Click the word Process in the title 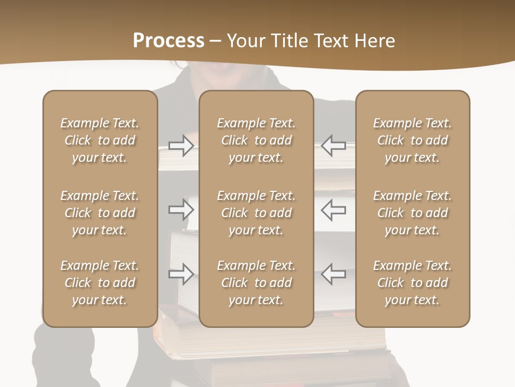pyautogui.click(x=168, y=41)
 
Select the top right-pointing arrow pyautogui.click(x=181, y=145)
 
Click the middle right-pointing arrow pyautogui.click(x=181, y=210)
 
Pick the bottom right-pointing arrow pyautogui.click(x=181, y=274)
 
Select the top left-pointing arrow pyautogui.click(x=334, y=145)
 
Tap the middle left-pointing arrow pyautogui.click(x=334, y=210)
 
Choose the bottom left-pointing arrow pyautogui.click(x=334, y=274)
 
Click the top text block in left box pyautogui.click(x=100, y=140)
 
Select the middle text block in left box pyautogui.click(x=100, y=213)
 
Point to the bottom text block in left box pyautogui.click(x=100, y=283)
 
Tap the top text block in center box pyautogui.click(x=256, y=140)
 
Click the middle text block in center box pyautogui.click(x=256, y=213)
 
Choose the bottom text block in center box pyautogui.click(x=256, y=283)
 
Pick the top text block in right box pyautogui.click(x=413, y=140)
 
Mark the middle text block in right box pyautogui.click(x=413, y=213)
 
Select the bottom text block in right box pyautogui.click(x=413, y=283)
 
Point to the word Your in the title pyautogui.click(x=245, y=41)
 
